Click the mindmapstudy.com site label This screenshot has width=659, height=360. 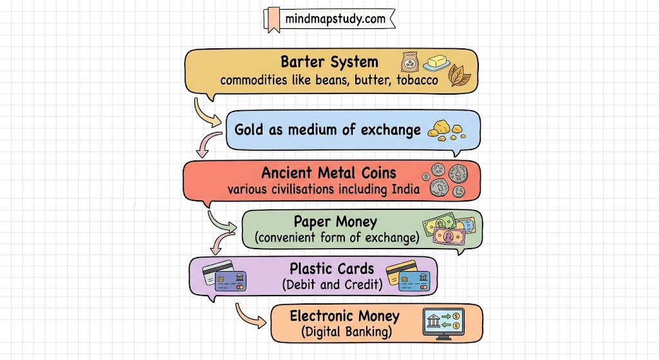(335, 19)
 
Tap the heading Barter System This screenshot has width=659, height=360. (329, 62)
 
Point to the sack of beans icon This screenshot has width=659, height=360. (409, 62)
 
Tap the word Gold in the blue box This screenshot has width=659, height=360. (248, 129)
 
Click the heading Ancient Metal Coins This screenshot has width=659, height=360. (328, 173)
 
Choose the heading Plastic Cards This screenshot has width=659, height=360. (331, 268)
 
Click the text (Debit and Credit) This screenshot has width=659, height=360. (332, 284)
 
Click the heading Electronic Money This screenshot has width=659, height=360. (344, 316)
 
